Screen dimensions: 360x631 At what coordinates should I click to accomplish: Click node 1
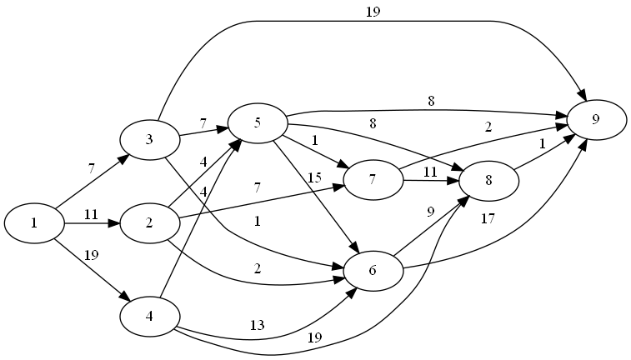click(34, 222)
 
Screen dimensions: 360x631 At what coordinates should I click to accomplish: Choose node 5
click(258, 123)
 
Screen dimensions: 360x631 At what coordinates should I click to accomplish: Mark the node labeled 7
click(373, 180)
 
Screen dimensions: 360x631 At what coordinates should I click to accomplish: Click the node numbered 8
click(488, 180)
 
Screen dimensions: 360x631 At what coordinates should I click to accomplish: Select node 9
click(596, 119)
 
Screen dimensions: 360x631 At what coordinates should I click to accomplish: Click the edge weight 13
click(258, 324)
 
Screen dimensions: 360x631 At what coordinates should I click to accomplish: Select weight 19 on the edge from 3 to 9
click(373, 12)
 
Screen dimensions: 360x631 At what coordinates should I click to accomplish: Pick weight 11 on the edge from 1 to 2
click(92, 214)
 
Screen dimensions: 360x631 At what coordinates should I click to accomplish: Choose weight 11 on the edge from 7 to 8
click(430, 172)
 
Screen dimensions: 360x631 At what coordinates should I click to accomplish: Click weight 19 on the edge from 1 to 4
click(92, 255)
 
